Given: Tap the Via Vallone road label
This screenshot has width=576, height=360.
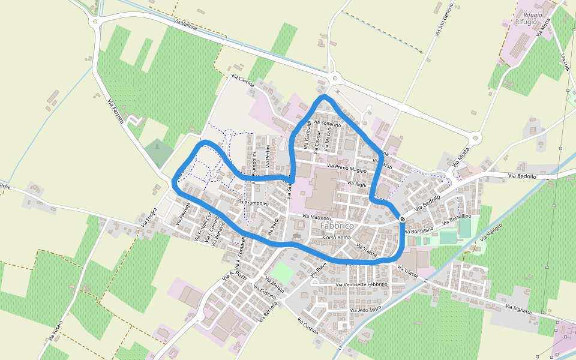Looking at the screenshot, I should click(186, 25).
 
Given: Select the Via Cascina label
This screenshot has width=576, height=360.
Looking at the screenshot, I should click(242, 80).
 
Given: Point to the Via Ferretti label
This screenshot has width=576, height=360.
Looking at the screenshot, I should click(116, 112).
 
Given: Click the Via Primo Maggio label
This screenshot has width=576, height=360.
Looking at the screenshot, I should click(347, 167).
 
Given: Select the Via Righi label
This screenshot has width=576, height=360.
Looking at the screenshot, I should click(356, 184).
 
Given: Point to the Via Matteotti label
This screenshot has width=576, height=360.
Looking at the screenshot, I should click(316, 217).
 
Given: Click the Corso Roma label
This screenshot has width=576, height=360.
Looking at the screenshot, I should click(337, 238).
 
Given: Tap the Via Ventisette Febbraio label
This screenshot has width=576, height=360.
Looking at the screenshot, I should click(362, 283).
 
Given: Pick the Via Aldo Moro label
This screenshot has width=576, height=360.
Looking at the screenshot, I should click(367, 309).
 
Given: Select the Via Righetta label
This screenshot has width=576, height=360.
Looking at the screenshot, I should click(518, 309).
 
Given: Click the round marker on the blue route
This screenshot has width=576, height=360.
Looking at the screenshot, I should click(402, 219).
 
